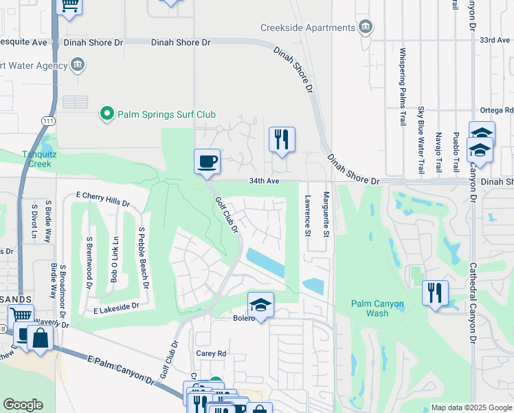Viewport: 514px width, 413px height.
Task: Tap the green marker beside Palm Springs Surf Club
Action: coord(107,114)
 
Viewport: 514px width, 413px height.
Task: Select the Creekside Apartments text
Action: coord(307,28)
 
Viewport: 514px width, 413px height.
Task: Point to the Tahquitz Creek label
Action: coord(35,159)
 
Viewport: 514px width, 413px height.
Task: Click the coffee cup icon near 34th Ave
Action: coord(208,162)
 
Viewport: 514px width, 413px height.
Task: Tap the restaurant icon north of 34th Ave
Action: coord(282,140)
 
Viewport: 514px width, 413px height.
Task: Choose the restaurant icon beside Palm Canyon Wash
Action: coord(435,293)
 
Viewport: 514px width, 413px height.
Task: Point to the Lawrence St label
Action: coord(306,215)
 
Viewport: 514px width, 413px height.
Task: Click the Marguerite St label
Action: coord(327,215)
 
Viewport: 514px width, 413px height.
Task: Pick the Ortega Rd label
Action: coord(500,109)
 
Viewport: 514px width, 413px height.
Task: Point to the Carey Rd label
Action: coord(212,354)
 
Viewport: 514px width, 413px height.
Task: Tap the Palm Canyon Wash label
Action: coord(377,308)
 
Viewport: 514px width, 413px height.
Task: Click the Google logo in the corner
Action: coord(23,405)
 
